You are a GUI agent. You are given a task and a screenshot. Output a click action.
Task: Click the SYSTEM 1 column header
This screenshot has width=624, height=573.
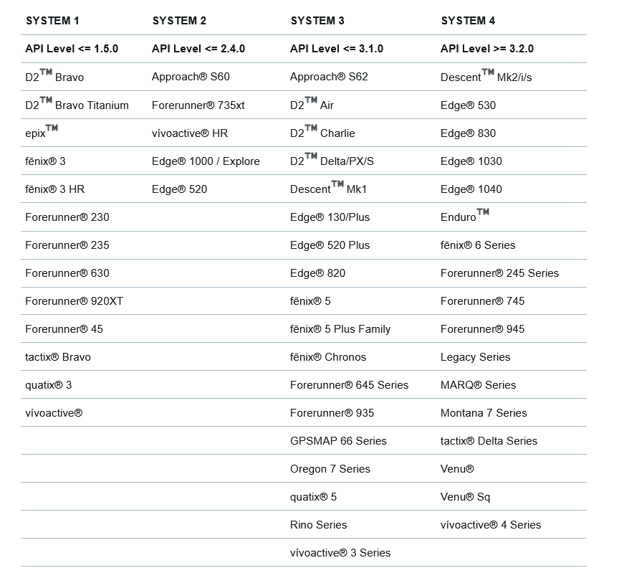[x=52, y=21]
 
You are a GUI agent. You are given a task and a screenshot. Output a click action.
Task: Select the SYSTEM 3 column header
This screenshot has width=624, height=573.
[x=317, y=21]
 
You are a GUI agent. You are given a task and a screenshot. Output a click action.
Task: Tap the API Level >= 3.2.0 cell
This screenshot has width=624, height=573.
[x=486, y=49]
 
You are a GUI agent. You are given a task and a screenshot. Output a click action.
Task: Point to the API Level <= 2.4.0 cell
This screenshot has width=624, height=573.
[x=198, y=49]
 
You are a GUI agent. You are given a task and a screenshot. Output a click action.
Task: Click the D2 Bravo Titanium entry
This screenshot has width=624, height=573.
[x=77, y=105]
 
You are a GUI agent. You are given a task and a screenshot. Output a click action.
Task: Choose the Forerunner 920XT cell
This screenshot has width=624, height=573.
[x=74, y=301]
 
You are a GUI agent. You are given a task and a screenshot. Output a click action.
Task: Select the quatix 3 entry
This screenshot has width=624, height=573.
[x=48, y=385]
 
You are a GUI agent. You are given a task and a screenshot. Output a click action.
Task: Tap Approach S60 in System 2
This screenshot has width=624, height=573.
[x=191, y=77]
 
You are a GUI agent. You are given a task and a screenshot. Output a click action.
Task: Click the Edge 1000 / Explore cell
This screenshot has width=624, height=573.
[x=206, y=161]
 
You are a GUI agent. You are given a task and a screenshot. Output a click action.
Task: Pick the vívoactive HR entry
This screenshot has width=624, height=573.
[x=190, y=133]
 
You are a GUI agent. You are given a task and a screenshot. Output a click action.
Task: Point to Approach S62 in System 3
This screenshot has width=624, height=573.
[x=329, y=77]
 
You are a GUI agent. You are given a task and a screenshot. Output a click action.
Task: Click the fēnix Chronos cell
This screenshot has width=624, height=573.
[x=327, y=357]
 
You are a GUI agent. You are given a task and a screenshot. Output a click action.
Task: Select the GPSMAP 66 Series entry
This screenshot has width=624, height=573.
[x=338, y=441]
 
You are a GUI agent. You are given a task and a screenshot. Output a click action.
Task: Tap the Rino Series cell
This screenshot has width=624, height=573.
[x=318, y=525]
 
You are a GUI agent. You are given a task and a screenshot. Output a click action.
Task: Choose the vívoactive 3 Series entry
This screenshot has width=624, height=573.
[x=340, y=553]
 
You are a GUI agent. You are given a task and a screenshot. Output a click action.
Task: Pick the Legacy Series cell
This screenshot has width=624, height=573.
[x=475, y=357]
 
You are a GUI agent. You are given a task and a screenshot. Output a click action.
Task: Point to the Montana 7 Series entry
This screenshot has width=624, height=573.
[x=483, y=413]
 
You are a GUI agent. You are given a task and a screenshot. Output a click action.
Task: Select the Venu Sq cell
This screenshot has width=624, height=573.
[x=465, y=497]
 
